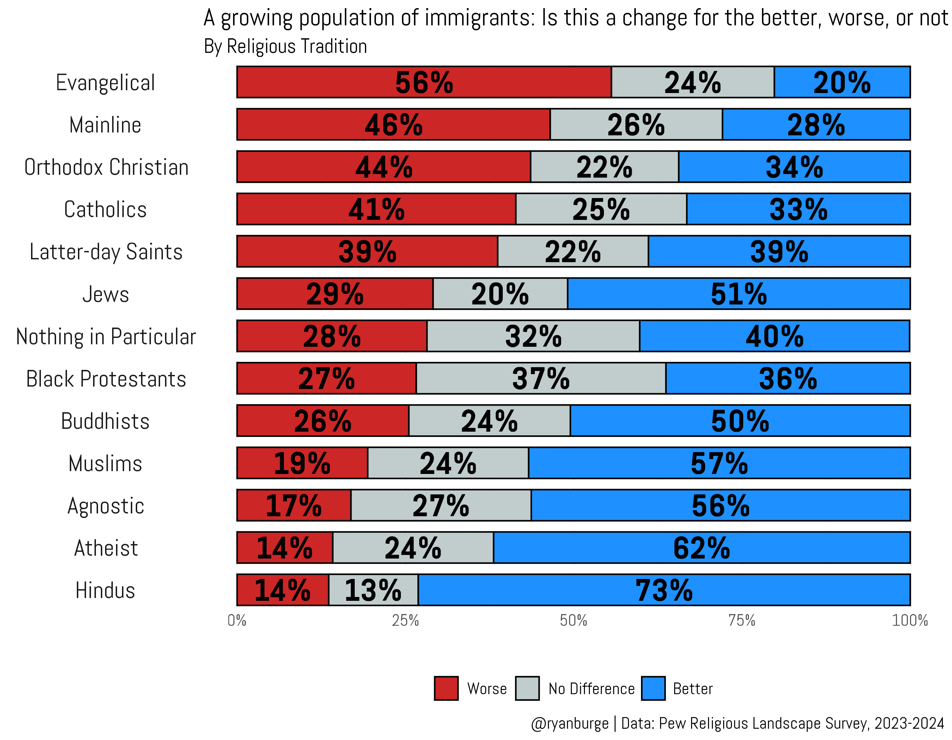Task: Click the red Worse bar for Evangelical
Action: (424, 82)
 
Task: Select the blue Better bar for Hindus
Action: (664, 590)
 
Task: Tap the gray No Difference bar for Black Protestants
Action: (541, 378)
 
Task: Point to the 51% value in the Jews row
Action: (738, 294)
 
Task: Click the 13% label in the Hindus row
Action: (373, 590)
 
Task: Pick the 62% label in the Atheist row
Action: (701, 548)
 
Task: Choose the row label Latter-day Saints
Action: (106, 252)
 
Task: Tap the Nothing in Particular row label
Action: (106, 337)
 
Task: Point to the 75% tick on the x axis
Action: (742, 620)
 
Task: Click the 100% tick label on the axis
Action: (910, 620)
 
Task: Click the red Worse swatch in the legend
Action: (446, 689)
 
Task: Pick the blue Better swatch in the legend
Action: (653, 689)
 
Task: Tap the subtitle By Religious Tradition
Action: (286, 46)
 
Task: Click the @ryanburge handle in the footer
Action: (570, 723)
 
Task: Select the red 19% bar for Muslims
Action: (302, 463)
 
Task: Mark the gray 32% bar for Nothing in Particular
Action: (533, 336)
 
